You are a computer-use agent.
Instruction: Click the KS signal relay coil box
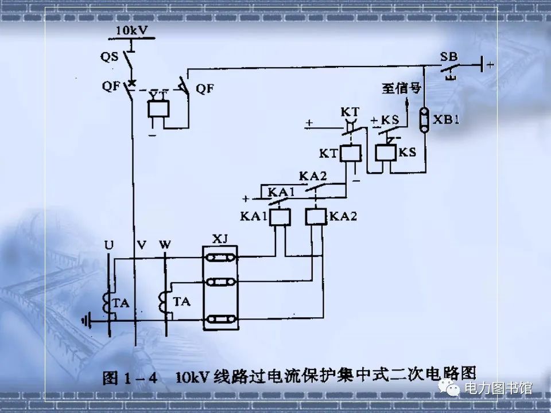click(x=385, y=153)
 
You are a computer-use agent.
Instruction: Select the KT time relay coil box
click(x=350, y=153)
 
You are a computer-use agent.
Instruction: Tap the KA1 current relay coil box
click(x=280, y=217)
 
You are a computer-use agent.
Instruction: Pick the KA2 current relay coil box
click(x=316, y=217)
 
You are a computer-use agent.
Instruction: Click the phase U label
click(x=108, y=245)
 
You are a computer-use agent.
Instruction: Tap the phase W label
click(x=165, y=245)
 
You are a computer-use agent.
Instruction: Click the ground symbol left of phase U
click(x=86, y=321)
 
